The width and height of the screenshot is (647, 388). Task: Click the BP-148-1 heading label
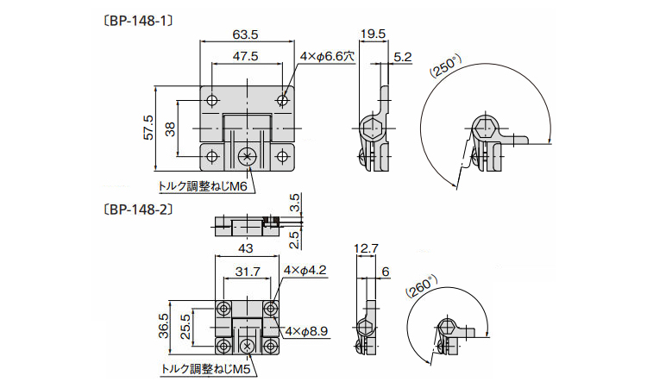[136, 21]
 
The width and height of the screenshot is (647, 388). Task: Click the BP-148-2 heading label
[136, 210]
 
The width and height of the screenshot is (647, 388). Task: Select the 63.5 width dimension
[245, 34]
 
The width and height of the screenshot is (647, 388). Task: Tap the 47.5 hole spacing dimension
[245, 56]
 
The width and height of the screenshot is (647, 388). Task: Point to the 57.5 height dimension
[148, 128]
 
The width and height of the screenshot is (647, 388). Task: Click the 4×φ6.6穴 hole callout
[327, 57]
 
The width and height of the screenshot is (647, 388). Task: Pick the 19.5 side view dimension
[373, 34]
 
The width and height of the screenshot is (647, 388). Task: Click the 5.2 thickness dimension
[402, 57]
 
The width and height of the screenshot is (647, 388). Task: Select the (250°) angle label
[445, 66]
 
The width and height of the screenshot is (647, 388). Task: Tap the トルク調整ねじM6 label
[203, 187]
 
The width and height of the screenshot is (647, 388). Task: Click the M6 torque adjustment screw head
[248, 157]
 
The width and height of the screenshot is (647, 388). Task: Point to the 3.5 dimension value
[295, 203]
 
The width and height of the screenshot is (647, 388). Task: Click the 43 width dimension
[246, 248]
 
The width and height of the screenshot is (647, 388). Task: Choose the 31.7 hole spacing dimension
[248, 272]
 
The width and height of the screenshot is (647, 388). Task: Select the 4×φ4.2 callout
[305, 270]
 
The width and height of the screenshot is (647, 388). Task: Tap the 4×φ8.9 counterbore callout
[306, 331]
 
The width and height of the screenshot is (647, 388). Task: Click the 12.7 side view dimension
[367, 248]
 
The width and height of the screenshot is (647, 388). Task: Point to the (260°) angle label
[421, 287]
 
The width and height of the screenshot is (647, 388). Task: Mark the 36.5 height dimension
[164, 326]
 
